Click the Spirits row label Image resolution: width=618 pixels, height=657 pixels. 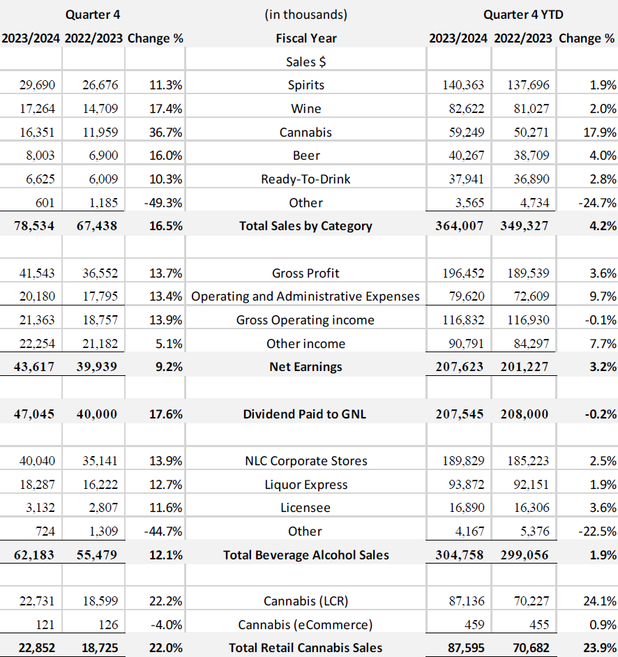pos(306,85)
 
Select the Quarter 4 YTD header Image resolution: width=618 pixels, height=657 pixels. pos(522,14)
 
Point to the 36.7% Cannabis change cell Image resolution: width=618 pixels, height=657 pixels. pos(165,132)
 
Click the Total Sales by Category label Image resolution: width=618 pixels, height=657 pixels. pos(306,225)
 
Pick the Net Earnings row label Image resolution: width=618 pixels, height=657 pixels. pos(306,366)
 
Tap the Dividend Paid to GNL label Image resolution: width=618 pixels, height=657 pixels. pos(305,414)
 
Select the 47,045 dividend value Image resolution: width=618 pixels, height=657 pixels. pos(35,414)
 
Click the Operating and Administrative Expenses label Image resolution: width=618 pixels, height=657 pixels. pos(306,296)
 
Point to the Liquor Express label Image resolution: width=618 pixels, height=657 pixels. pos(306,484)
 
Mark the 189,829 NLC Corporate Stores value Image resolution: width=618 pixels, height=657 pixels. pos(463,461)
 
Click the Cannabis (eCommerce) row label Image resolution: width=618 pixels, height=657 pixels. pos(306,624)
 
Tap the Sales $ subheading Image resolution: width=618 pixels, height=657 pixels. pos(306,61)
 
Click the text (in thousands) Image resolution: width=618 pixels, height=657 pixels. pos(306,14)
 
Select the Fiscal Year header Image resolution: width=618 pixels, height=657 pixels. pos(306,38)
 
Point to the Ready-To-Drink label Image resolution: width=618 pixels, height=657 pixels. pos(306,179)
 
